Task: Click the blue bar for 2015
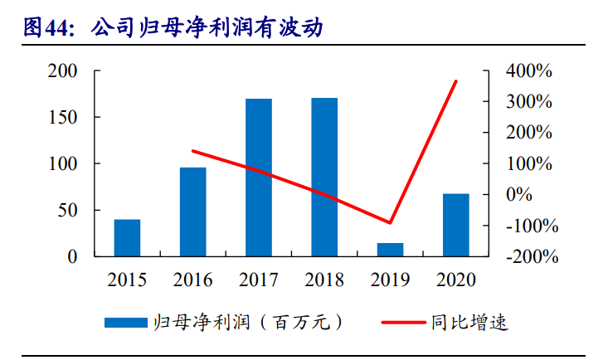[x=127, y=238]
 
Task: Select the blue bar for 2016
[x=192, y=212]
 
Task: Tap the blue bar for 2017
[x=258, y=178]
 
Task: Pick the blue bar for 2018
[x=324, y=178]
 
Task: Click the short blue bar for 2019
[x=390, y=250]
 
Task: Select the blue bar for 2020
[x=455, y=225]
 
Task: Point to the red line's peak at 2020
[x=456, y=80]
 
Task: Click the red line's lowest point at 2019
[x=390, y=223]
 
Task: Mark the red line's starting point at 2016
[x=192, y=151]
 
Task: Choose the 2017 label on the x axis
[x=258, y=280]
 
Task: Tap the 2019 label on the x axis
[x=390, y=280]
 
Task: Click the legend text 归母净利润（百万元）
[x=248, y=322]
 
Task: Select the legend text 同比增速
[x=469, y=322]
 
